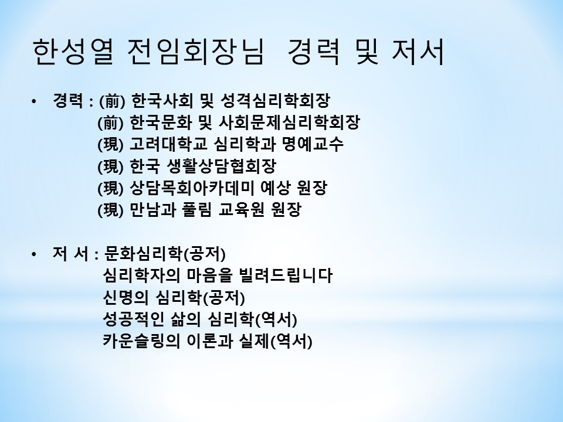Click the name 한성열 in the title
tap(74, 52)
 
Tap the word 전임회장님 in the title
tap(196, 52)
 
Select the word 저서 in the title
tap(418, 52)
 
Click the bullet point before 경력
tap(34, 101)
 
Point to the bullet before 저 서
tap(34, 255)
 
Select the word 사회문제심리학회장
tap(289, 122)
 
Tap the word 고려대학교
tap(168, 144)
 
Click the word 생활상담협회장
tap(222, 166)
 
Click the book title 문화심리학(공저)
tap(164, 254)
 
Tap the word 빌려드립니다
tap(286, 276)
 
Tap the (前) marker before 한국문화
tap(110, 122)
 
